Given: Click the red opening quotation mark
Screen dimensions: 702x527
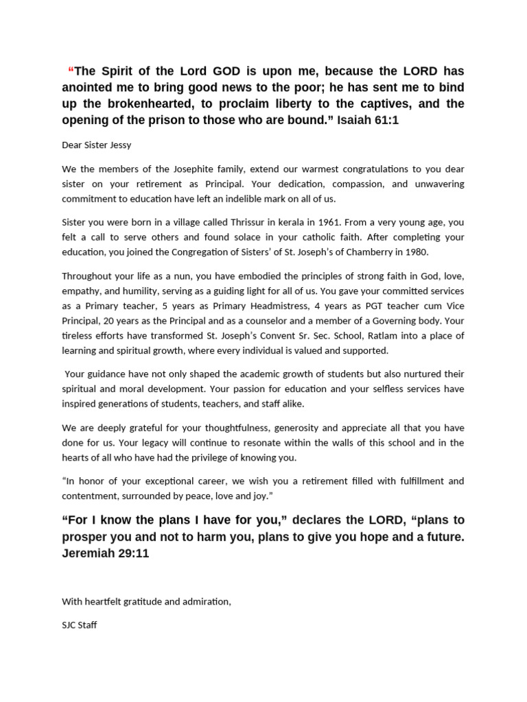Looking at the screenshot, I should tap(71, 71).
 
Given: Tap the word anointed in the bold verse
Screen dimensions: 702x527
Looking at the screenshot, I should tap(94, 87).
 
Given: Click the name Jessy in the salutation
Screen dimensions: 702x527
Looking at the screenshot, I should tap(118, 145).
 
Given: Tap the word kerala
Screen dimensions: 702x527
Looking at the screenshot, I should tap(274, 223).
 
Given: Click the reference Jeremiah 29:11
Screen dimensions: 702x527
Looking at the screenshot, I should tap(105, 553).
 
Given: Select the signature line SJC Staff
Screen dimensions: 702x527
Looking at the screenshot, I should tap(79, 625).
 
